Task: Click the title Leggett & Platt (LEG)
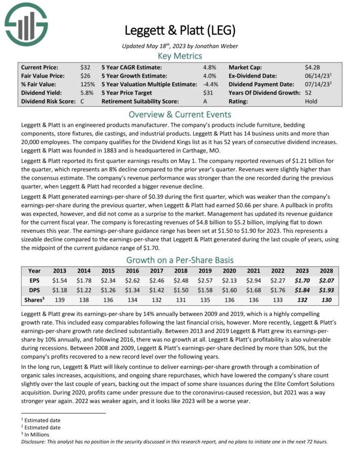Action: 180,30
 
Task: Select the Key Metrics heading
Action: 180,56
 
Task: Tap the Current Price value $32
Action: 85,67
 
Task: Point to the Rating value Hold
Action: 311,101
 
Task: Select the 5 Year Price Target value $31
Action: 208,93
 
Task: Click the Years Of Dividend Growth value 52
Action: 309,93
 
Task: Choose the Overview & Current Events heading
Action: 180,114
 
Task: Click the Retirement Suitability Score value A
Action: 205,101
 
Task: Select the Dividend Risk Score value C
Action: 82,101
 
